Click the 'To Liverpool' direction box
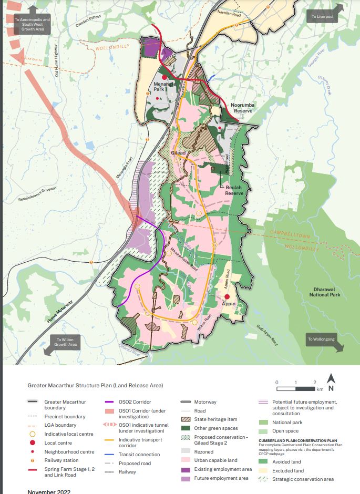[322, 16]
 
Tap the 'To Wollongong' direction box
[322, 339]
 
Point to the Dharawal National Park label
[326, 292]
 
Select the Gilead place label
[178, 152]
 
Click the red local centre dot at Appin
[227, 296]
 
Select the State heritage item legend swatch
[186, 419]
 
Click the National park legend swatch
[264, 423]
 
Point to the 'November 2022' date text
[49, 491]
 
